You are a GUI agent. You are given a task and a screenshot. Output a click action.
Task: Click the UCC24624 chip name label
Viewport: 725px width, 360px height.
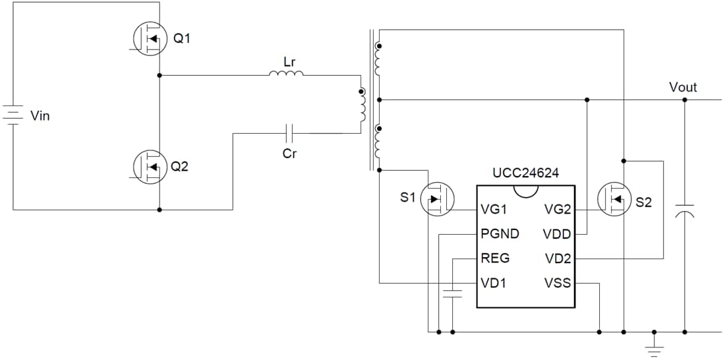pos(525,173)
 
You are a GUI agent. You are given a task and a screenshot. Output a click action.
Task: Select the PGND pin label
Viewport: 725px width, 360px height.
pos(500,234)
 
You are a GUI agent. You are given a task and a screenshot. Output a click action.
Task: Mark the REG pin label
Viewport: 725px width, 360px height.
pos(495,258)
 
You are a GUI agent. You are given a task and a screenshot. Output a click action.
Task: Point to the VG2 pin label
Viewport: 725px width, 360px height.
pos(558,210)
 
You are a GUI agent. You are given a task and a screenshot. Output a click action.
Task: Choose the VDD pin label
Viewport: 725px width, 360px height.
pos(557,234)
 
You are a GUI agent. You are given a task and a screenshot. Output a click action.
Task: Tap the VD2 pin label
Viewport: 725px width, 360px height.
pos(558,258)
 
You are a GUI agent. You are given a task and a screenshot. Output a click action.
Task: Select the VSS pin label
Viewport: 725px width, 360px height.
pos(558,284)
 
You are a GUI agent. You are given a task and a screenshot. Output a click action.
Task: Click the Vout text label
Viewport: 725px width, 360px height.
pos(682,87)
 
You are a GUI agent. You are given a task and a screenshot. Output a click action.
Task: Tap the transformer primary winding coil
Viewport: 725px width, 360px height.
pos(362,106)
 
